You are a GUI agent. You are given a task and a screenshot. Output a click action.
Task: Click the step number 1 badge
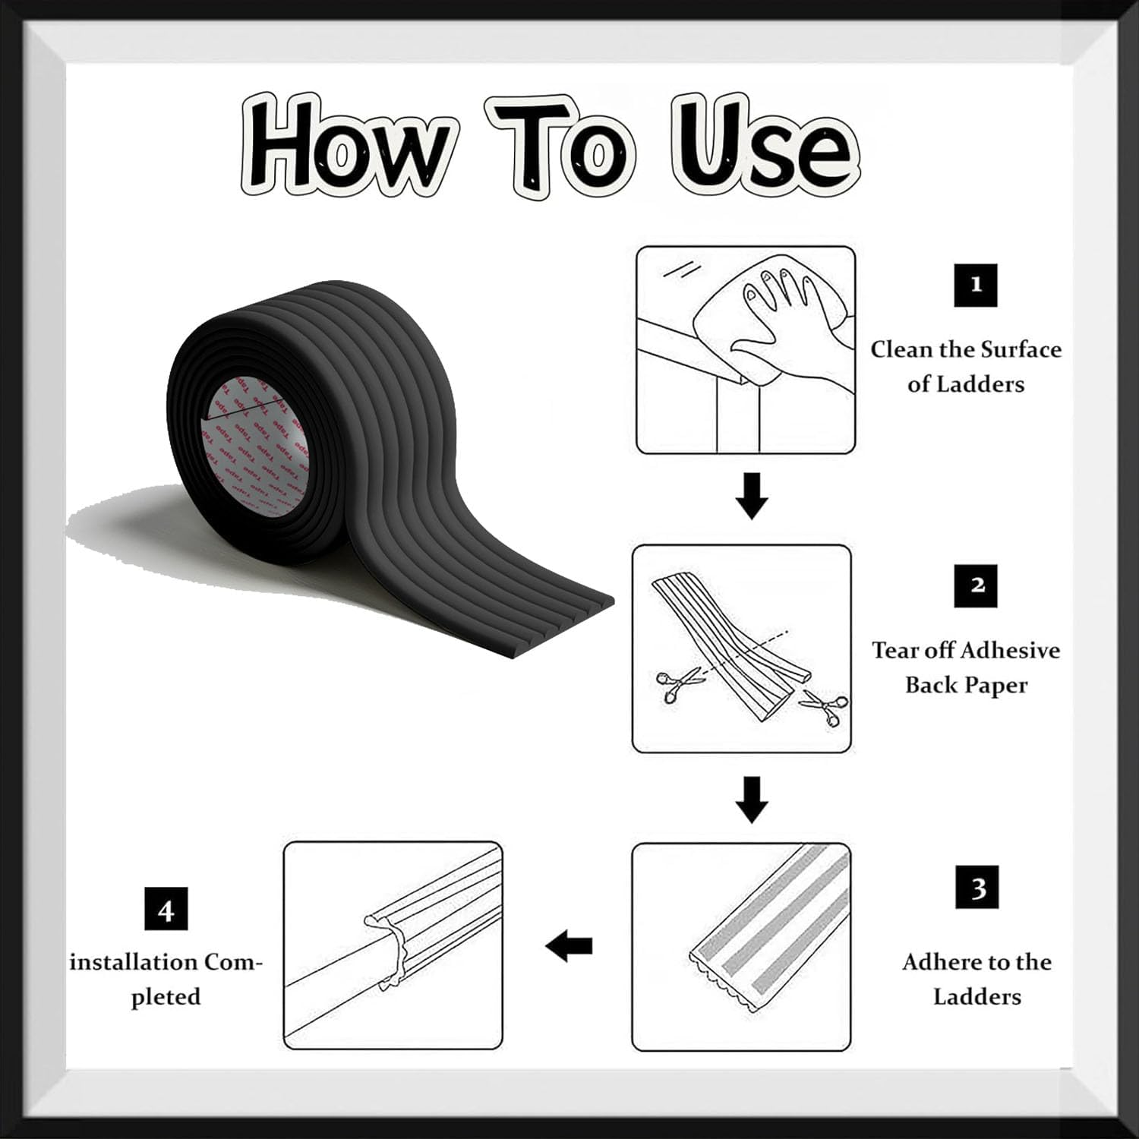coord(976,285)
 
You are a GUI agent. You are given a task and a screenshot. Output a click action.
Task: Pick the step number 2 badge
coord(977,585)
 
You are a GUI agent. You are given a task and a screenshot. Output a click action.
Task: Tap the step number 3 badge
coord(977,888)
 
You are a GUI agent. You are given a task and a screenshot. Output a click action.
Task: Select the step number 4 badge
coord(166,909)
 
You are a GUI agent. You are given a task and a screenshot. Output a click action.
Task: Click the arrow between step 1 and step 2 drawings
coord(752,496)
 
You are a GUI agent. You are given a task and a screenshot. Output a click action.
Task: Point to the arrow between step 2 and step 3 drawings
coord(752,799)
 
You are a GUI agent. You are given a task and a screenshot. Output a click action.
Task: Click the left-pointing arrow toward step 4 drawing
coord(569,946)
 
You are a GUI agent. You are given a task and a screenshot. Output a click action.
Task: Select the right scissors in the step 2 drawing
coord(823,706)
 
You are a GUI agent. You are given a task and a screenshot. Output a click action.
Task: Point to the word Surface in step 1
coord(1021,349)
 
